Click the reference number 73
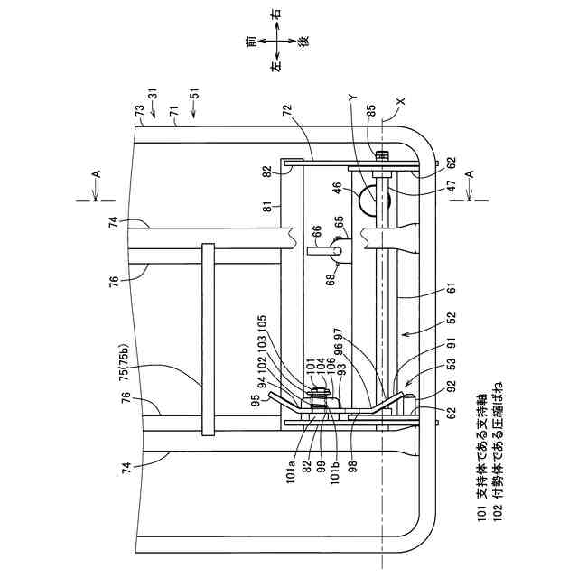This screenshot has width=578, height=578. (x=140, y=111)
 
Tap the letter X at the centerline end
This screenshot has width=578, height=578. (x=401, y=102)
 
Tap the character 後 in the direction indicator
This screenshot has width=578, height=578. (x=304, y=41)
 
